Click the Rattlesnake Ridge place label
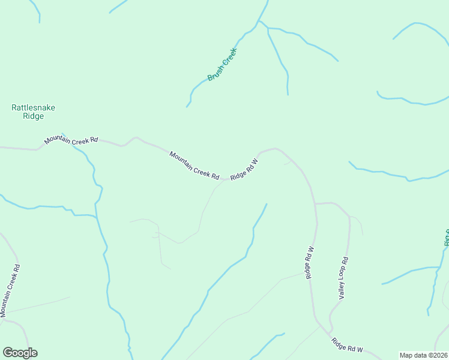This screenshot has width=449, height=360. pos(33,112)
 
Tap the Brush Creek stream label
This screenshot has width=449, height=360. pos(223,65)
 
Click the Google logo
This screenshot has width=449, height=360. pos(20,353)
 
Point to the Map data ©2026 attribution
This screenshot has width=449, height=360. pos(424,355)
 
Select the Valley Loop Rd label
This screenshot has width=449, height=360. pos(343,278)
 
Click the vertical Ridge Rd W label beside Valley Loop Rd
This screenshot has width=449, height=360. pos(310,262)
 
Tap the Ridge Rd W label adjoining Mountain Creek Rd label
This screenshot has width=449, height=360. pos(244,169)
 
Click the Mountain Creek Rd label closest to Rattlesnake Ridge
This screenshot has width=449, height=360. pos(71,141)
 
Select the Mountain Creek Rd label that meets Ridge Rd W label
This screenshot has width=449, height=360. pos(194,164)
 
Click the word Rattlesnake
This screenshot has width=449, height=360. pos(33,107)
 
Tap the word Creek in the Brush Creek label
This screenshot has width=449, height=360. pos(229,57)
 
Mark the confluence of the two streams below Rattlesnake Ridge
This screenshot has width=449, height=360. pos(96,215)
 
